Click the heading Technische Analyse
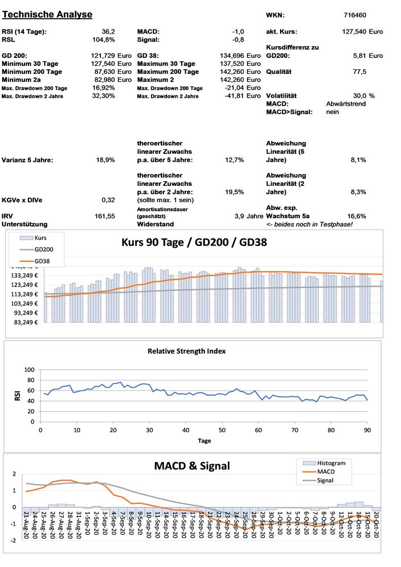47,14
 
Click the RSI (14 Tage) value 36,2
108,32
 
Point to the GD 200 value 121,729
102,56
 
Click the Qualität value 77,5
359,72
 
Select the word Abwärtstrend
350,105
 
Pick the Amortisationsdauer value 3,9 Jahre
249,216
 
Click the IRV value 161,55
105,216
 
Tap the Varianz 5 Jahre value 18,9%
107,160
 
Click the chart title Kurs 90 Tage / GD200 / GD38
194,242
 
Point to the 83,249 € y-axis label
24,322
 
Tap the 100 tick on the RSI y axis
30,370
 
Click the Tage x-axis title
204,440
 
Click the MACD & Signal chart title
192,466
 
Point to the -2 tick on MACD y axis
14,540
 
